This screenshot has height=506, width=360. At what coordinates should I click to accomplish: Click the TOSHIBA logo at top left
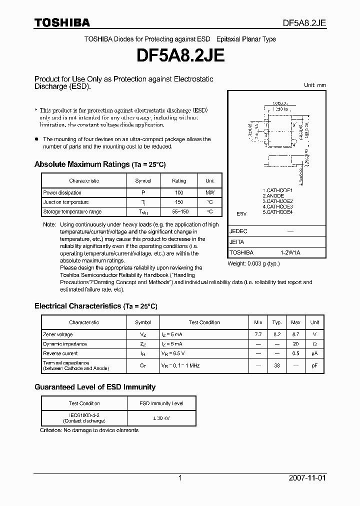pyautogui.click(x=62, y=22)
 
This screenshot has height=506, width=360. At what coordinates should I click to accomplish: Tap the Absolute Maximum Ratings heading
pyautogui.click(x=99, y=164)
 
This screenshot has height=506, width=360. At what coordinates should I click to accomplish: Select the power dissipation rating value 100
pyautogui.click(x=179, y=192)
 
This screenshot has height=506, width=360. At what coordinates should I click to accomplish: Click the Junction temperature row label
pyautogui.click(x=66, y=202)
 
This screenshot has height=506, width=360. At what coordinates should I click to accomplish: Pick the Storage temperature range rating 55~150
pyautogui.click(x=179, y=211)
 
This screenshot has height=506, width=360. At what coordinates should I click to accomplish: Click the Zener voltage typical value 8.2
pyautogui.click(x=277, y=334)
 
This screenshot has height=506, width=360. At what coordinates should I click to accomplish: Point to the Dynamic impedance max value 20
pyautogui.click(x=296, y=344)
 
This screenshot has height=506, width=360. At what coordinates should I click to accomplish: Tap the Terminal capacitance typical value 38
pyautogui.click(x=277, y=365)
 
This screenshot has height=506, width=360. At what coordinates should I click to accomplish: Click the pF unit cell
pyautogui.click(x=314, y=365)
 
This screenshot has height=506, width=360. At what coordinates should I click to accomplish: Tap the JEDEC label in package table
pyautogui.click(x=238, y=231)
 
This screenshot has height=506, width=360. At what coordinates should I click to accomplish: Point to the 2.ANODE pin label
pyautogui.click(x=273, y=196)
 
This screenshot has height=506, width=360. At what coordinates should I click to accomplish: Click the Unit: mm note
pyautogui.click(x=314, y=85)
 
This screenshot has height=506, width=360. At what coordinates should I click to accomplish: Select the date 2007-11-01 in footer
pyautogui.click(x=307, y=478)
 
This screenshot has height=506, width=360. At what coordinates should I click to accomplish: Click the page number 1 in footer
pyautogui.click(x=180, y=478)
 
